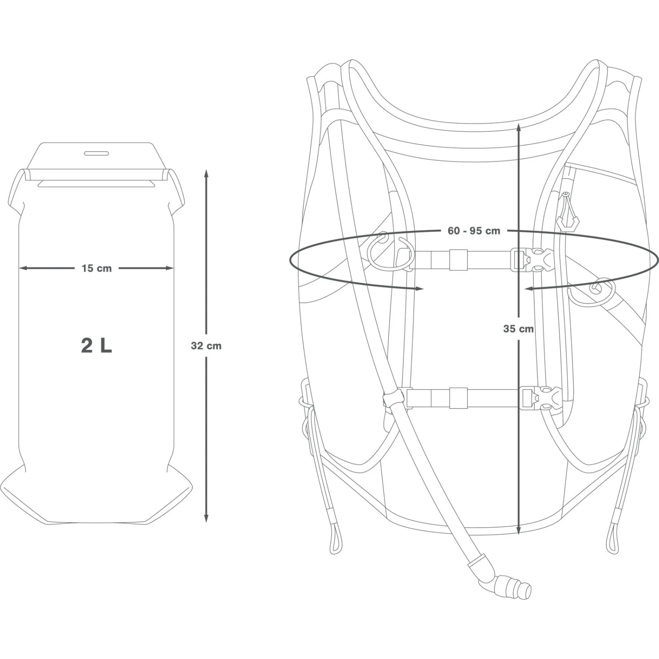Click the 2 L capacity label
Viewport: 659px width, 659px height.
click(96, 346)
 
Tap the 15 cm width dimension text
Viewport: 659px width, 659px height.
click(97, 268)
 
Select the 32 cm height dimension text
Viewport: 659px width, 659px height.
click(206, 346)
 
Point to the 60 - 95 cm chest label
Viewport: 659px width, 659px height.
click(474, 231)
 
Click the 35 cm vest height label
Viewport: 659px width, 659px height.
click(518, 329)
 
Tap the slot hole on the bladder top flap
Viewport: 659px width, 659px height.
click(96, 153)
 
